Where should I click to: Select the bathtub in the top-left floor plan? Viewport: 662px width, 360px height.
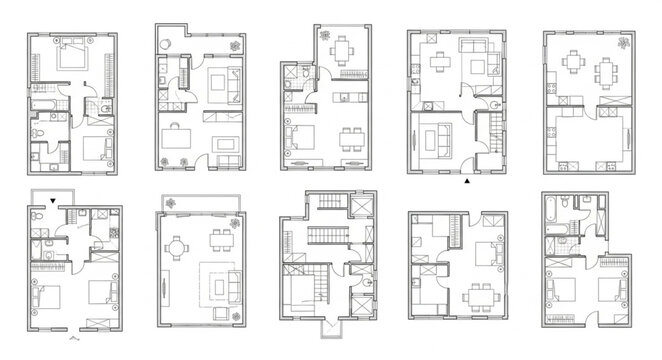[45, 104]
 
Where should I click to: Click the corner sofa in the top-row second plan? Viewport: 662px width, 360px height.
[225, 86]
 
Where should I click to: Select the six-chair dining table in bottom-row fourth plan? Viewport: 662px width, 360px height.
[481, 296]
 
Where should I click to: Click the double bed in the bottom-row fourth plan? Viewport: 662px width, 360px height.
[490, 249]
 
